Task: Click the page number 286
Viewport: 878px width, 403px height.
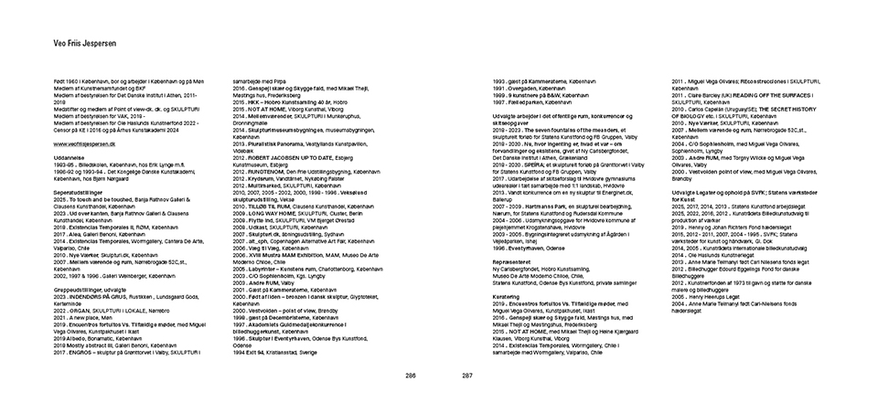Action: tap(411, 375)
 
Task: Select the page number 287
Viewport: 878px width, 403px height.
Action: tap(466, 375)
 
